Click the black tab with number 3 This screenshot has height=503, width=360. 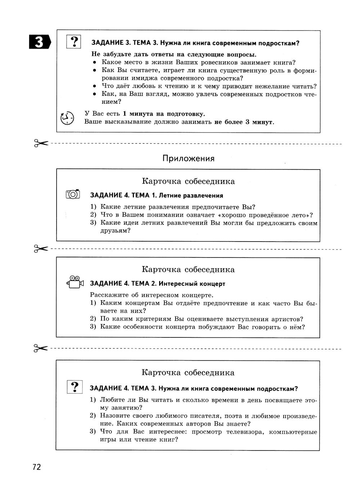[40, 42]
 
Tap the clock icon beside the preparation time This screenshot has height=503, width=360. [67, 118]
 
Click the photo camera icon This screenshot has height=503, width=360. [73, 194]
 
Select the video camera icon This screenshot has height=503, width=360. [75, 282]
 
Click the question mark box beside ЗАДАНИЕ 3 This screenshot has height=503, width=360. [74, 42]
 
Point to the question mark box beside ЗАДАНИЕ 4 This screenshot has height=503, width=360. [75, 387]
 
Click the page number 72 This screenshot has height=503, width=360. [37, 467]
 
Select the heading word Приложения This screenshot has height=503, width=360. [188, 158]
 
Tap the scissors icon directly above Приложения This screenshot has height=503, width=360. [41, 143]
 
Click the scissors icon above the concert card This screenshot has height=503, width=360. [41, 248]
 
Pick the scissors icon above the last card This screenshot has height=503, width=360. [41, 348]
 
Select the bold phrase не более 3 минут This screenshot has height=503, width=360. [244, 122]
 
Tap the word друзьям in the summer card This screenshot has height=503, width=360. [113, 231]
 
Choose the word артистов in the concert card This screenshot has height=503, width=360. [287, 319]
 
